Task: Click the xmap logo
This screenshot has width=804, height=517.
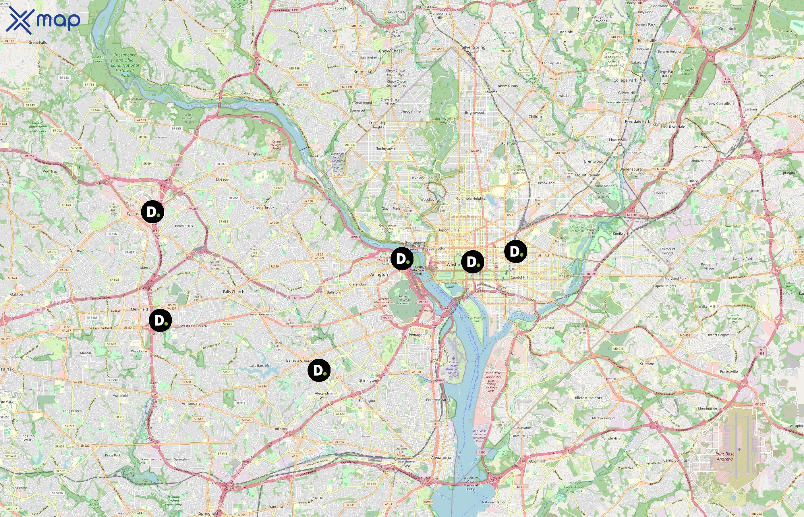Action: pos(43,20)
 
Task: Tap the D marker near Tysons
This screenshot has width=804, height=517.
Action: pos(152,212)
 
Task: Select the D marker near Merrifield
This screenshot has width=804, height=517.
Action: pos(160,320)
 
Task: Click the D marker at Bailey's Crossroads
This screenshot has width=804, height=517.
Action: pos(319,370)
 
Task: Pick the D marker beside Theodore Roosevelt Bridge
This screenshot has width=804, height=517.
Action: pos(402,258)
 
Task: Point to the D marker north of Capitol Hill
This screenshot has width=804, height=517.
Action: pos(515,251)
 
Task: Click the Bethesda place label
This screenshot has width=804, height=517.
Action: pos(362,72)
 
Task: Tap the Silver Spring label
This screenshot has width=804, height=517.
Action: pos(473,47)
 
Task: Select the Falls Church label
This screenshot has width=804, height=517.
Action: pos(233,292)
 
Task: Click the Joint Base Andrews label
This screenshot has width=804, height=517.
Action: pos(724,457)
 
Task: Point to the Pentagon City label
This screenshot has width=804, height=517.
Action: pos(420,335)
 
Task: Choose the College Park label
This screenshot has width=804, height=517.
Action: pos(625,80)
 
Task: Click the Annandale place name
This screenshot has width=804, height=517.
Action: pos(191,404)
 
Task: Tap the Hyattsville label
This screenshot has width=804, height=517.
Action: pos(619,140)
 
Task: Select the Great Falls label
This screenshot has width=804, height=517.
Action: pos(38,43)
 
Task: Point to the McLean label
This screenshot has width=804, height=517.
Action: pos(223,180)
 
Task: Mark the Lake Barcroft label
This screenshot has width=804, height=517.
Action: pos(259,366)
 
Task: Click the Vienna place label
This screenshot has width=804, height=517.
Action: pos(76,251)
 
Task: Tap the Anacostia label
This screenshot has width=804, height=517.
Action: pos(546,328)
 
